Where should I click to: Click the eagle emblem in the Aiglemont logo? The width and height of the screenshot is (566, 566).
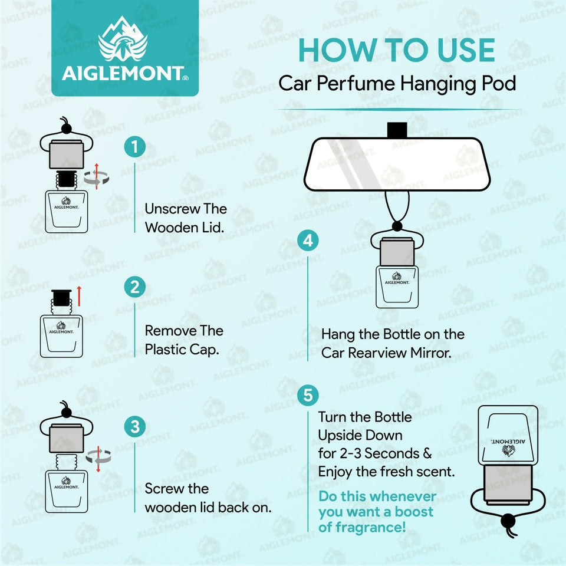click(x=123, y=39)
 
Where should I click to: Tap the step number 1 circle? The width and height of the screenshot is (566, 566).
click(x=134, y=147)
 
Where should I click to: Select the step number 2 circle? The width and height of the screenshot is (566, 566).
click(x=134, y=287)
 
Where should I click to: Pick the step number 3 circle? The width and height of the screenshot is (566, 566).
click(x=134, y=426)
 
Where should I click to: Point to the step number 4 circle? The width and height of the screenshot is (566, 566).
click(x=308, y=241)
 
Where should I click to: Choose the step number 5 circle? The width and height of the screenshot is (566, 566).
click(x=308, y=395)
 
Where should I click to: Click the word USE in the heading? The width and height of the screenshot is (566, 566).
click(x=466, y=50)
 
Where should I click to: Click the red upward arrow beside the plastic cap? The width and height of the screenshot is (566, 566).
click(x=79, y=296)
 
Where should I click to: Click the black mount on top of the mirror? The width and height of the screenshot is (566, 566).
click(x=397, y=130)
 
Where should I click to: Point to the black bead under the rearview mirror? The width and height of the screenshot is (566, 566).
click(x=397, y=226)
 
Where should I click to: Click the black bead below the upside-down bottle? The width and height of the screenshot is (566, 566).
click(x=508, y=521)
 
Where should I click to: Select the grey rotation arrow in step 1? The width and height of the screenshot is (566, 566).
click(x=96, y=178)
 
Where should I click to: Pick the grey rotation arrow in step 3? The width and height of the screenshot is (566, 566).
click(x=98, y=458)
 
